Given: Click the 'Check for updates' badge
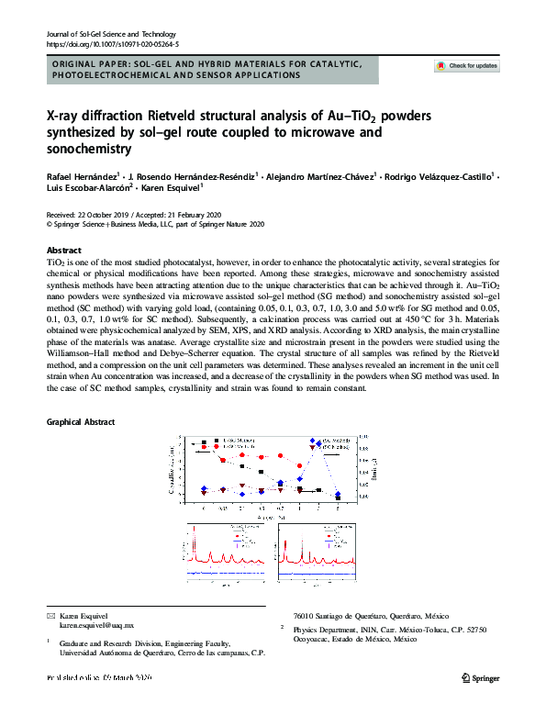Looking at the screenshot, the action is [x=467, y=66].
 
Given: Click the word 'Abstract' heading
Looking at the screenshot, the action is [x=64, y=251].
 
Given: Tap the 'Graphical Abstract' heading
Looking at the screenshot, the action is [x=84, y=421].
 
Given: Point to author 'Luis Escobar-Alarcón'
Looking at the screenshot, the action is [x=89, y=185].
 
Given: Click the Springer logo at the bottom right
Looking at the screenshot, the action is [x=479, y=677].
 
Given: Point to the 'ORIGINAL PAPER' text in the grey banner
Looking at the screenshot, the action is [x=94, y=63].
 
